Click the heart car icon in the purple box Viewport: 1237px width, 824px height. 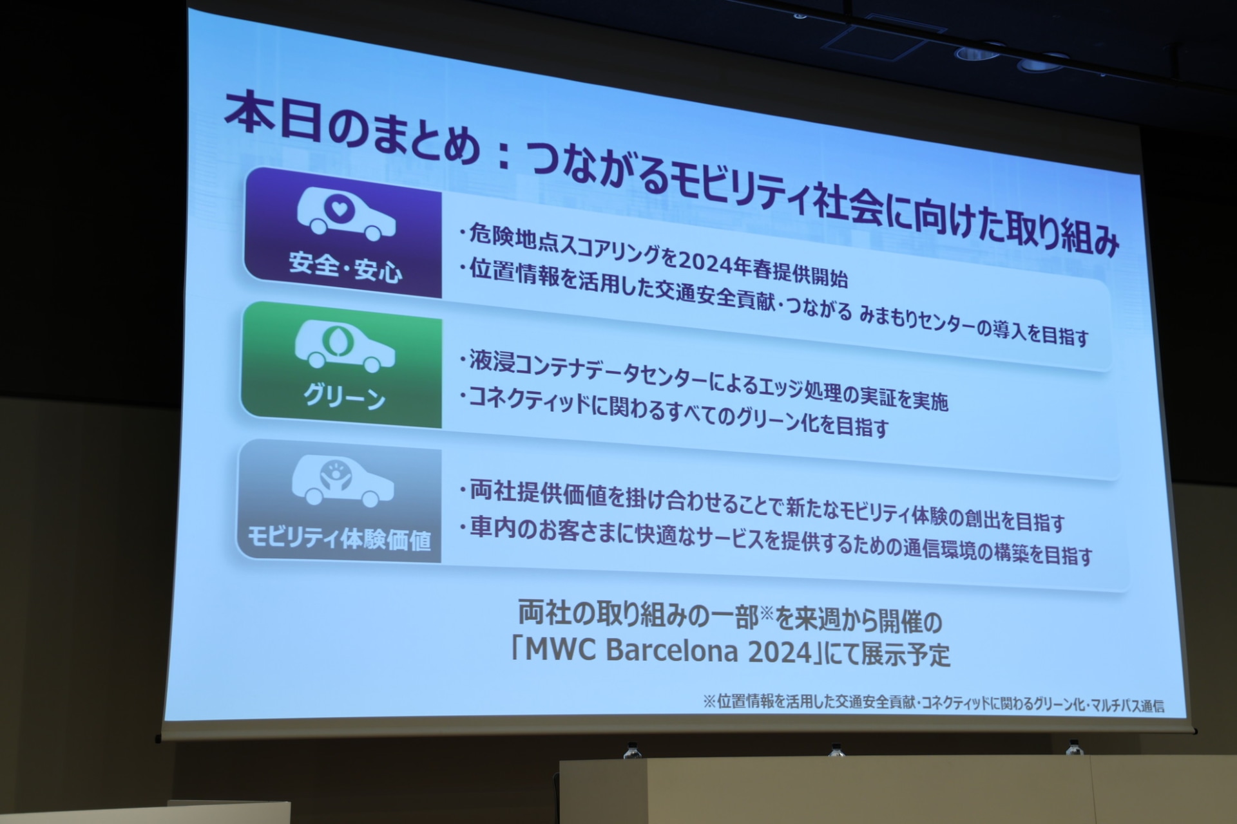pyautogui.click(x=346, y=214)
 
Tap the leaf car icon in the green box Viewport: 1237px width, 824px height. pyautogui.click(x=345, y=346)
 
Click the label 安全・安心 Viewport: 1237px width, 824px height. pyautogui.click(x=345, y=267)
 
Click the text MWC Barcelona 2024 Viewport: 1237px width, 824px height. pyautogui.click(x=669, y=651)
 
